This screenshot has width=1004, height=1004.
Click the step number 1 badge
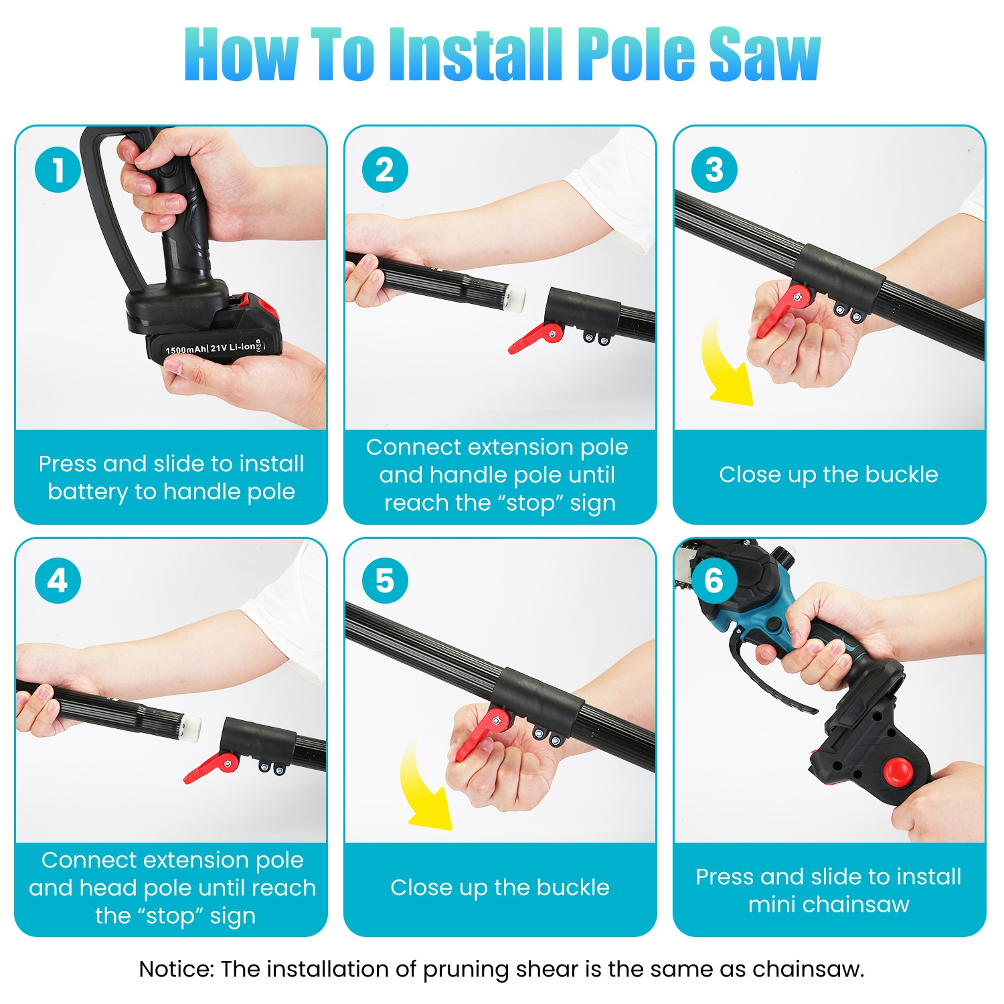(x=58, y=169)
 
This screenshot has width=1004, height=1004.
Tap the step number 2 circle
(x=385, y=169)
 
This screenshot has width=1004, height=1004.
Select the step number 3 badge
(x=714, y=169)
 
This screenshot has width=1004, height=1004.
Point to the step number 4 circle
(x=58, y=580)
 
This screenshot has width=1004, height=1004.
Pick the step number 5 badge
(x=385, y=580)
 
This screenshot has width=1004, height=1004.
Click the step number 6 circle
(x=714, y=580)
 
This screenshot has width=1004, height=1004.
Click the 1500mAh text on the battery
(x=186, y=349)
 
